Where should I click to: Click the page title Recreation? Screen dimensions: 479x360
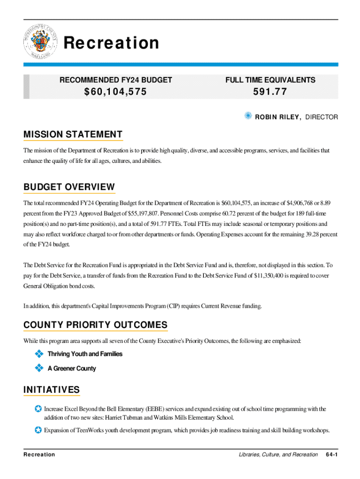111,43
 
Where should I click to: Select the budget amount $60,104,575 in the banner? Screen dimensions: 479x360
115,92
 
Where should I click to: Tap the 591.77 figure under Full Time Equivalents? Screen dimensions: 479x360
270,92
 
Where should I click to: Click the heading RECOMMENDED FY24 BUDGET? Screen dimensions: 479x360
115,80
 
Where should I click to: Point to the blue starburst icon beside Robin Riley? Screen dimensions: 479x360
248,116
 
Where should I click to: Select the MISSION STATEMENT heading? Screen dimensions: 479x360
73,135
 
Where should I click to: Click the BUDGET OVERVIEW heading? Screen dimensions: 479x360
69,187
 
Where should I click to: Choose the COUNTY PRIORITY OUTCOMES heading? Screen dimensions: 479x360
95,325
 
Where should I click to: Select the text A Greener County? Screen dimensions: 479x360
72,369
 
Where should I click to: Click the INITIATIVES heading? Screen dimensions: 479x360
51,390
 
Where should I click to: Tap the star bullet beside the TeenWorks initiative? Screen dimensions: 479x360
38,429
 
